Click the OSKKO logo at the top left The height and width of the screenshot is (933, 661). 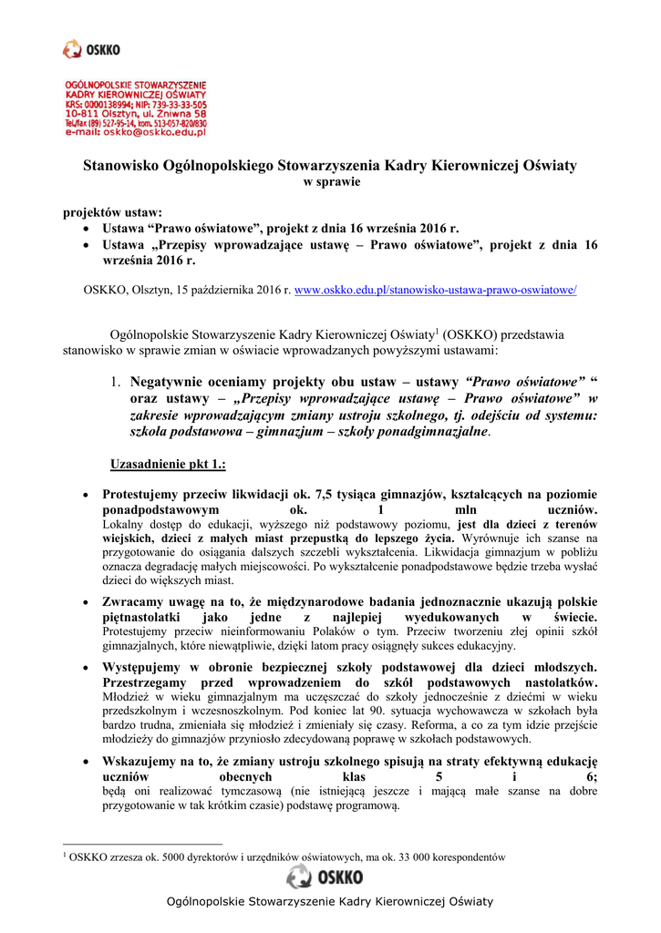(x=90, y=49)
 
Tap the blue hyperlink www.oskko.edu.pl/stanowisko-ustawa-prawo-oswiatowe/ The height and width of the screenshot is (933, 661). (x=436, y=290)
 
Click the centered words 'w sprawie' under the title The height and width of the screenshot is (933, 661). (x=331, y=182)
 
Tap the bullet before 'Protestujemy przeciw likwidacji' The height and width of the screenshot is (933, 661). (x=86, y=496)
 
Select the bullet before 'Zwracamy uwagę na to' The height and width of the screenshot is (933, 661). (x=86, y=602)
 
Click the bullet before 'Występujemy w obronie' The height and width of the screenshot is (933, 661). (x=86, y=667)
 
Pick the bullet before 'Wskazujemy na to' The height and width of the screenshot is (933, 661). (x=86, y=760)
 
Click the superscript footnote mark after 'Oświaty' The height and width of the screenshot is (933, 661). (x=438, y=330)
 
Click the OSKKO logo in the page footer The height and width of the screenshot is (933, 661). (x=325, y=877)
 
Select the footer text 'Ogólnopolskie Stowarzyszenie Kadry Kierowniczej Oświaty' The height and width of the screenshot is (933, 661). (x=329, y=902)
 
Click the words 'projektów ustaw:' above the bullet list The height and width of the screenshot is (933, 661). (x=112, y=212)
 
